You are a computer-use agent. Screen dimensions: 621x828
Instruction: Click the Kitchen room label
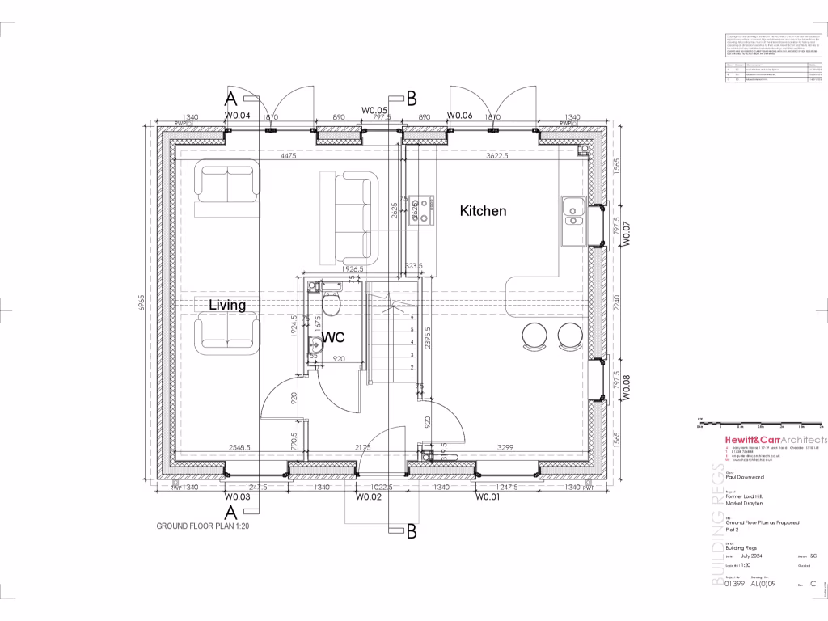pos(483,211)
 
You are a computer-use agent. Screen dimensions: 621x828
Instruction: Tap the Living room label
pos(227,305)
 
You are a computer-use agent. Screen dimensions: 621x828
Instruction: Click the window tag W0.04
pos(237,116)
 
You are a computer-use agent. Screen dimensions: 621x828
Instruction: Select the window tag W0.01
pos(488,497)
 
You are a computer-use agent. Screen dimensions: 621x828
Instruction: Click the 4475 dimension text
pos(288,155)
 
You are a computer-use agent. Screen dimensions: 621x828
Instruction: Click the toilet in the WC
pos(331,303)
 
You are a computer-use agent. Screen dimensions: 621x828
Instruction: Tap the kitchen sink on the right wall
pos(573,210)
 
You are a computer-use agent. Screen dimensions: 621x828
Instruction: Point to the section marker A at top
pos(230,99)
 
